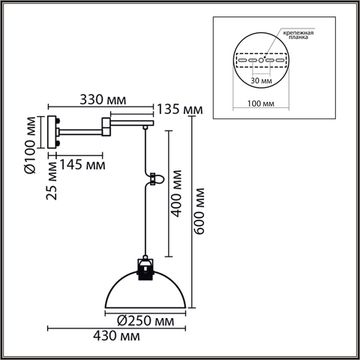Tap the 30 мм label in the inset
(x=262, y=82)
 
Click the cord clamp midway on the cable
(x=153, y=179)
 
